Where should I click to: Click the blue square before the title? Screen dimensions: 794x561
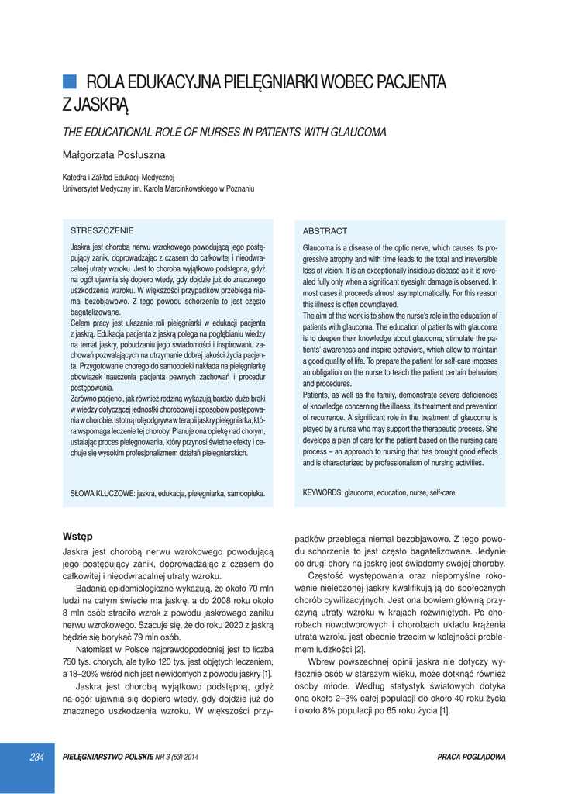point(69,81)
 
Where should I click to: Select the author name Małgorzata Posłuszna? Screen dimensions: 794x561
point(113,155)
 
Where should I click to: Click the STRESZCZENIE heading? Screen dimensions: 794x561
point(102,230)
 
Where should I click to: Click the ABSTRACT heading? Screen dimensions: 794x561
point(325,231)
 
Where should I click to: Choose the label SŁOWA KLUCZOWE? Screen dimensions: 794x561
point(102,493)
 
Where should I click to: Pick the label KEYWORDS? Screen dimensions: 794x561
point(322,492)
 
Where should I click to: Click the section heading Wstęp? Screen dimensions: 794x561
point(77,536)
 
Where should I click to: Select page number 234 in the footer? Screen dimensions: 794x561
point(36,757)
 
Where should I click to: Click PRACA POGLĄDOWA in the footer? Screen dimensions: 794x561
point(471,757)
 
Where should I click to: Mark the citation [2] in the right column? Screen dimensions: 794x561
point(359,649)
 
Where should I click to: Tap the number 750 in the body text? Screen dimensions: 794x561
point(72,661)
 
